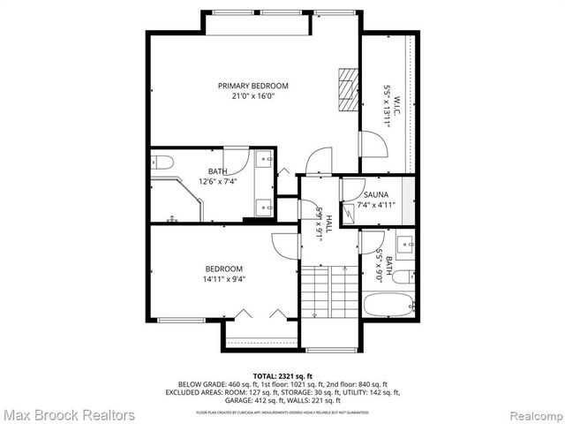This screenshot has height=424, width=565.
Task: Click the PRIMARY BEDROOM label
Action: click(x=253, y=86)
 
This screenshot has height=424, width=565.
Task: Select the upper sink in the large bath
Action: click(x=264, y=160)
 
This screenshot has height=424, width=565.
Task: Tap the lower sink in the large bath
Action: click(x=264, y=207)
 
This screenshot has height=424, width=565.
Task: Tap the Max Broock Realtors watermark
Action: click(x=69, y=414)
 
